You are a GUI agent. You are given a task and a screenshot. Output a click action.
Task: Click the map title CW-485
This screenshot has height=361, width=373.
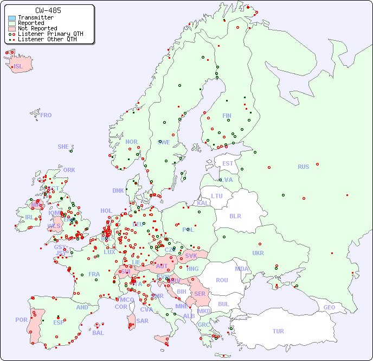[48, 10]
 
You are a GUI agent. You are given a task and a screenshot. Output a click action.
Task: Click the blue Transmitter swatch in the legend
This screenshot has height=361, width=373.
[12, 18]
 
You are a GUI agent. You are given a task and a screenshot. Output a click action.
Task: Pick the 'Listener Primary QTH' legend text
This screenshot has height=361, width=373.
[50, 34]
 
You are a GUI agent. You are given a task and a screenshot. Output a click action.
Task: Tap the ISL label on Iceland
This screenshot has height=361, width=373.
[18, 67]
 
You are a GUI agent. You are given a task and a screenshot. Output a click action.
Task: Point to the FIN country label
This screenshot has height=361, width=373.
[227, 116]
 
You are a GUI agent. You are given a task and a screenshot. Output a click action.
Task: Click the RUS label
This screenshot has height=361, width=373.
[303, 167]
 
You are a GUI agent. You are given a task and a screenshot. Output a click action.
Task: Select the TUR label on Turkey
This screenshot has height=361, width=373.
[278, 331]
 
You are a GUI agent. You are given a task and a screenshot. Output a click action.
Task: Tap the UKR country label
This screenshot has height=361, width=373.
[258, 253]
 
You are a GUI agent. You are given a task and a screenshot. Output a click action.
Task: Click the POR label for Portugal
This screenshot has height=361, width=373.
[21, 320]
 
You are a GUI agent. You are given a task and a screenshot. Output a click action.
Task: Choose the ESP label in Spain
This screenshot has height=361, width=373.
[59, 322]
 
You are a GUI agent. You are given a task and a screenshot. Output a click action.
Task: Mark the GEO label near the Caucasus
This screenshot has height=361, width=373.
[329, 307]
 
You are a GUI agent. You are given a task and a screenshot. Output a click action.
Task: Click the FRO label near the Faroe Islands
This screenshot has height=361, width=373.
[46, 115]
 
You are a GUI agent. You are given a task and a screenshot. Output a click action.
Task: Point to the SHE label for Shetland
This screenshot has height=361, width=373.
[63, 147]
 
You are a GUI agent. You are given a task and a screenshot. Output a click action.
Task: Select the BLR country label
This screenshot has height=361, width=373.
[235, 216]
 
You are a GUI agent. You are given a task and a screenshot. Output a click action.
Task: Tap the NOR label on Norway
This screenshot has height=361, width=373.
[131, 142]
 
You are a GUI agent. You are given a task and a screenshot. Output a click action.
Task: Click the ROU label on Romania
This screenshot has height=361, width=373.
[222, 281]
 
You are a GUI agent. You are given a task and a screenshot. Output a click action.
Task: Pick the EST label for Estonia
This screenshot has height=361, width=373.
[228, 163]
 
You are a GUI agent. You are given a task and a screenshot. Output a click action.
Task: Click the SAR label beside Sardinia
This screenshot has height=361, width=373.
[142, 321]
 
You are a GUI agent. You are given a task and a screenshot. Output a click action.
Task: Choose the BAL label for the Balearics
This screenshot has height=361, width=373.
[98, 333]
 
